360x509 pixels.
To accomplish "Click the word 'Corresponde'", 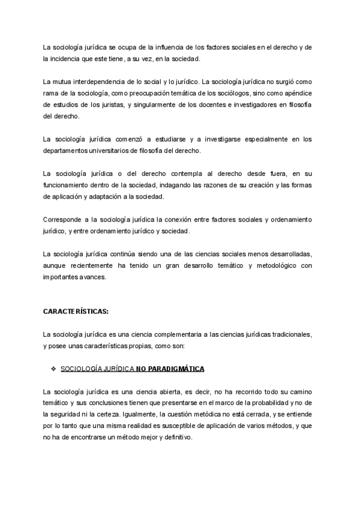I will click(x=64, y=220).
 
